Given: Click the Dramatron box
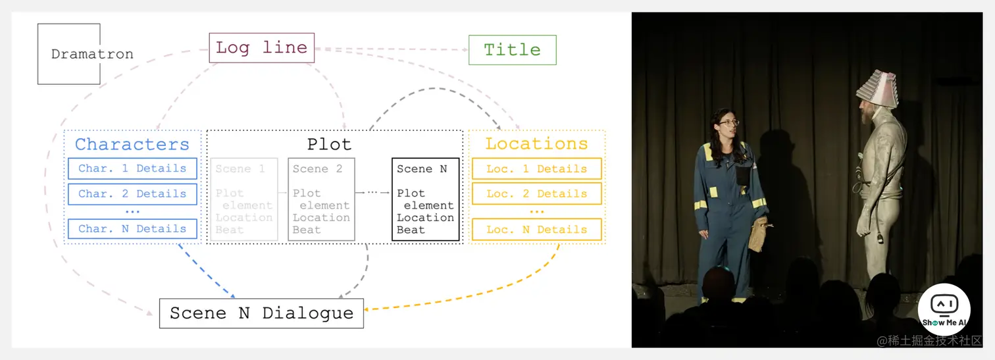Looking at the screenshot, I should tap(69, 54).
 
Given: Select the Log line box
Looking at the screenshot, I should tap(261, 48).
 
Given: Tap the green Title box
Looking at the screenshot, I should tap(512, 50).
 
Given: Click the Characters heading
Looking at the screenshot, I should tap(132, 144).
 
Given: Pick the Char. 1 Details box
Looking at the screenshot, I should tap(132, 168).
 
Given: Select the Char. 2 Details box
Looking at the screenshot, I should tap(132, 194).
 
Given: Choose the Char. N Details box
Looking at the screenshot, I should tap(132, 229).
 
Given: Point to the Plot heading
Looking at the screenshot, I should tap(329, 144).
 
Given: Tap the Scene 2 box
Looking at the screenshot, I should tap(321, 199).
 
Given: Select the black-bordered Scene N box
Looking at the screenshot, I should tap(425, 199).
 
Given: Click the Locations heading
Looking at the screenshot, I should tap(536, 144).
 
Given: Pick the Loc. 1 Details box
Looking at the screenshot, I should tap(536, 168).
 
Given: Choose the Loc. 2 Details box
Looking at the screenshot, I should tap(536, 194).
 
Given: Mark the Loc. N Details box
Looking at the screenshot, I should tap(536, 230).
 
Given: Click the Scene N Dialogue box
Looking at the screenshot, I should tap(261, 313).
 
